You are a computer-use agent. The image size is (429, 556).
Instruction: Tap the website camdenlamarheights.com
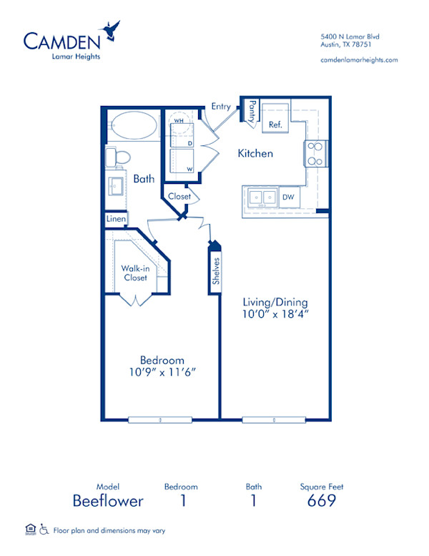pos(360,60)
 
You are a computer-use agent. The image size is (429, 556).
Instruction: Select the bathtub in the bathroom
pos(134,126)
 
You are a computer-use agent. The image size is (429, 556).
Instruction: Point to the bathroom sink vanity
pos(114,186)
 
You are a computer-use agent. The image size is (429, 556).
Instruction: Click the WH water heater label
pos(178,122)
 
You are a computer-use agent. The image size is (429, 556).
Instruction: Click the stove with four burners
pos(315,153)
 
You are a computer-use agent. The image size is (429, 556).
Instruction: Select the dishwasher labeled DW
pos(290,196)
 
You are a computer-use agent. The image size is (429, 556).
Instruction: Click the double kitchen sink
pos(262,197)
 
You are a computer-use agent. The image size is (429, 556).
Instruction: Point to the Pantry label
pos(252,112)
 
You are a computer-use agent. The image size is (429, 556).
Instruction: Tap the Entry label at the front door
pos(221,107)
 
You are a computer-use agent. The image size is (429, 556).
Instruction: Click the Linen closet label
pos(116,218)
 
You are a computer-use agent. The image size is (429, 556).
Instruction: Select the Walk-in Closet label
pos(134,273)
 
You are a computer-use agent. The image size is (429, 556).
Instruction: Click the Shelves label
pos(216,272)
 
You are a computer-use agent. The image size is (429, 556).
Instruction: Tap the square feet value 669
pos(322,501)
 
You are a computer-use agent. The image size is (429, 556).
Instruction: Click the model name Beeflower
pos(108,501)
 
